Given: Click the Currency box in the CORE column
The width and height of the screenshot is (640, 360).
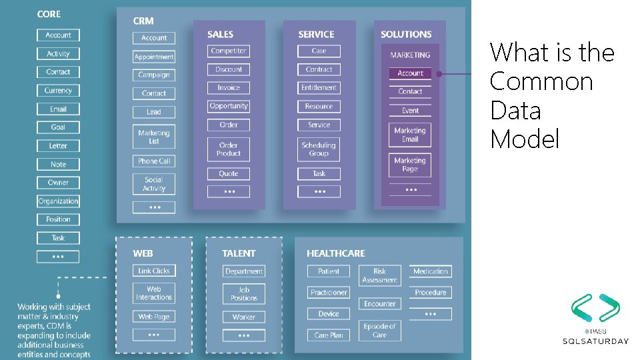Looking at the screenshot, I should pyautogui.click(x=58, y=91).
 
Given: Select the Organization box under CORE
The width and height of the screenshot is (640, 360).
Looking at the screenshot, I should pyautogui.click(x=58, y=201).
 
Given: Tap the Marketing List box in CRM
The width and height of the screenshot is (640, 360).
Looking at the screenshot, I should pyautogui.click(x=154, y=137).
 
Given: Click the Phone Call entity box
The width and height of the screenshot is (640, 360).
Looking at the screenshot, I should pyautogui.click(x=154, y=161).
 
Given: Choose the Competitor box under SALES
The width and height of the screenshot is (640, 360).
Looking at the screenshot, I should pyautogui.click(x=229, y=51).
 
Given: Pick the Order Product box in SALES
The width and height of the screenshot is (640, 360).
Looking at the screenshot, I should pyautogui.click(x=229, y=149).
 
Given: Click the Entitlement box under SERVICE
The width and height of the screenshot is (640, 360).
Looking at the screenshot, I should pyautogui.click(x=319, y=87).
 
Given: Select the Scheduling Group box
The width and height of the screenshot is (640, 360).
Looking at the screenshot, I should pyautogui.click(x=319, y=149).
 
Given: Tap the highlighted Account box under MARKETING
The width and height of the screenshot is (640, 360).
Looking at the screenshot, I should pyautogui.click(x=410, y=73).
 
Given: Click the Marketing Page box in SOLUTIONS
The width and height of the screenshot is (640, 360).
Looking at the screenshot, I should pyautogui.click(x=410, y=165).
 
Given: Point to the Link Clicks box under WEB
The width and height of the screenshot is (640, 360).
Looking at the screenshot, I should pyautogui.click(x=154, y=271).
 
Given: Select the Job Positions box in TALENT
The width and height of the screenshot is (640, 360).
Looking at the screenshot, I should pyautogui.click(x=244, y=294).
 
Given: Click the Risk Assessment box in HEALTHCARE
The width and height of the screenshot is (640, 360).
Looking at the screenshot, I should pyautogui.click(x=380, y=275).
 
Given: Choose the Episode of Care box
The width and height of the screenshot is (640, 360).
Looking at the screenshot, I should pyautogui.click(x=380, y=331).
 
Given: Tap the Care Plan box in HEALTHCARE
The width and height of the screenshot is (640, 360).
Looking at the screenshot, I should pyautogui.click(x=329, y=335).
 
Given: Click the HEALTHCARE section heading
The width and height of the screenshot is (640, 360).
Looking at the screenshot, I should pyautogui.click(x=336, y=253).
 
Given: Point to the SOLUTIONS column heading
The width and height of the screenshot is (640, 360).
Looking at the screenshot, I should pyautogui.click(x=406, y=34).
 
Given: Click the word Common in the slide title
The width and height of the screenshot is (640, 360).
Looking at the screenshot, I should pyautogui.click(x=541, y=81).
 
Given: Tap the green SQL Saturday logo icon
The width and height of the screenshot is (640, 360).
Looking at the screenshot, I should pyautogui.click(x=595, y=309).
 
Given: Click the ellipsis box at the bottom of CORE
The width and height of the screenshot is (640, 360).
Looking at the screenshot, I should pyautogui.click(x=58, y=256).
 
